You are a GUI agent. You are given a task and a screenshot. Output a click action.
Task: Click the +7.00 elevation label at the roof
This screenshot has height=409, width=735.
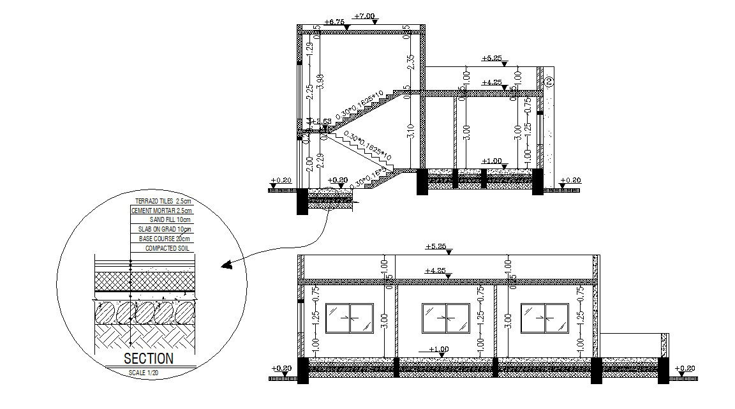tap(366, 16)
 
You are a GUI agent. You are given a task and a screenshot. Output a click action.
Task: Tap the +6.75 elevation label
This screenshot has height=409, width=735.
tap(334, 22)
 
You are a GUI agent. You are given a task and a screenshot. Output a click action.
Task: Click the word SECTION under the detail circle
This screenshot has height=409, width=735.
tap(148, 359)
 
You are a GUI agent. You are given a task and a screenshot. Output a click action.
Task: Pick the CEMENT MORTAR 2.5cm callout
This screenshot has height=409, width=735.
tap(161, 210)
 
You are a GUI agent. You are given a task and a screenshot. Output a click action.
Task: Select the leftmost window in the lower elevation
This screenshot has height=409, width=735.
tap(349, 318)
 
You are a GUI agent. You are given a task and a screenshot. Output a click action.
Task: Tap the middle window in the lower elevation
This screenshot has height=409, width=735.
tap(446, 318)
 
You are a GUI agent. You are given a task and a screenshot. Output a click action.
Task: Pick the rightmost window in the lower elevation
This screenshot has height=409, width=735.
tap(544, 318)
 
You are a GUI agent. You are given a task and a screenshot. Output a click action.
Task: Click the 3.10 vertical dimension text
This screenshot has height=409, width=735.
tap(411, 131)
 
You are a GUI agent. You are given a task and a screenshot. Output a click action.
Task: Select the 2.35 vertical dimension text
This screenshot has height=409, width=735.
tap(411, 62)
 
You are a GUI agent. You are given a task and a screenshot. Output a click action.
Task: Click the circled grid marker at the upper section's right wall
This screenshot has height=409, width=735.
tap(549, 81)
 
